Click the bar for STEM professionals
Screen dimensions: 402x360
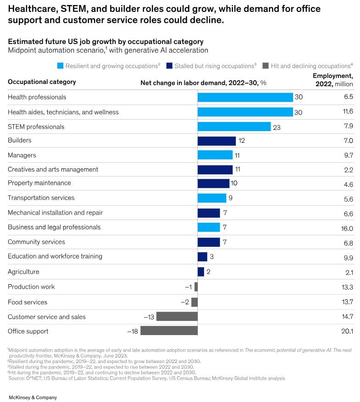234,127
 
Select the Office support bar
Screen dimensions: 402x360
169,331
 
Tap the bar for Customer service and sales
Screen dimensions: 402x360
177,316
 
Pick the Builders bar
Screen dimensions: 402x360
216,141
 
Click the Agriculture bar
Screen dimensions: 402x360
201,272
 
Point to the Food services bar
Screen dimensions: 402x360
194,302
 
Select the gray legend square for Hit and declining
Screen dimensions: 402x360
265,66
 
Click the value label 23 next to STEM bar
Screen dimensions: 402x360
277,127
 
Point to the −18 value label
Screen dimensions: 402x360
133,331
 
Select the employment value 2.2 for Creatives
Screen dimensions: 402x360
349,170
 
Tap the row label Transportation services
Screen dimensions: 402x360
41,198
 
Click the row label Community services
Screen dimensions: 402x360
36,242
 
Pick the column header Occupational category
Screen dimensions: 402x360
42,82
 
